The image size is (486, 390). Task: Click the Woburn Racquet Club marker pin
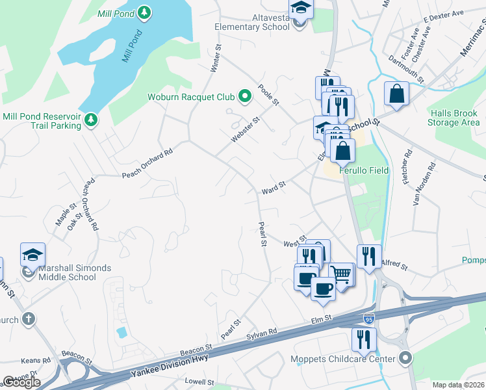(x=245, y=97)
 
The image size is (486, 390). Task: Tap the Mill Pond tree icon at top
(x=144, y=12)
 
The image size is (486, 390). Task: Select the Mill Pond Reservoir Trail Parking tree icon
(x=92, y=119)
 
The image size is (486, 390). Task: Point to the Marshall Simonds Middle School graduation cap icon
(x=32, y=254)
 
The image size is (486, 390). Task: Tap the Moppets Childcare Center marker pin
(x=406, y=358)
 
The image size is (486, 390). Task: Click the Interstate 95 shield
(x=368, y=318)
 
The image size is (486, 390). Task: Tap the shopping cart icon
(x=341, y=274)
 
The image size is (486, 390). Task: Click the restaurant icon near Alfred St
(x=368, y=255)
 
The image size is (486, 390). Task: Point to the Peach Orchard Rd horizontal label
(x=147, y=163)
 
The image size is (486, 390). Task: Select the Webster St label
(x=246, y=131)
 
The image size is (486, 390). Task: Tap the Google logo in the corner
(x=21, y=382)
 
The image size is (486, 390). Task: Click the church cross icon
(x=27, y=319)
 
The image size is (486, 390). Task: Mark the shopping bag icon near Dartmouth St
(x=396, y=94)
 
